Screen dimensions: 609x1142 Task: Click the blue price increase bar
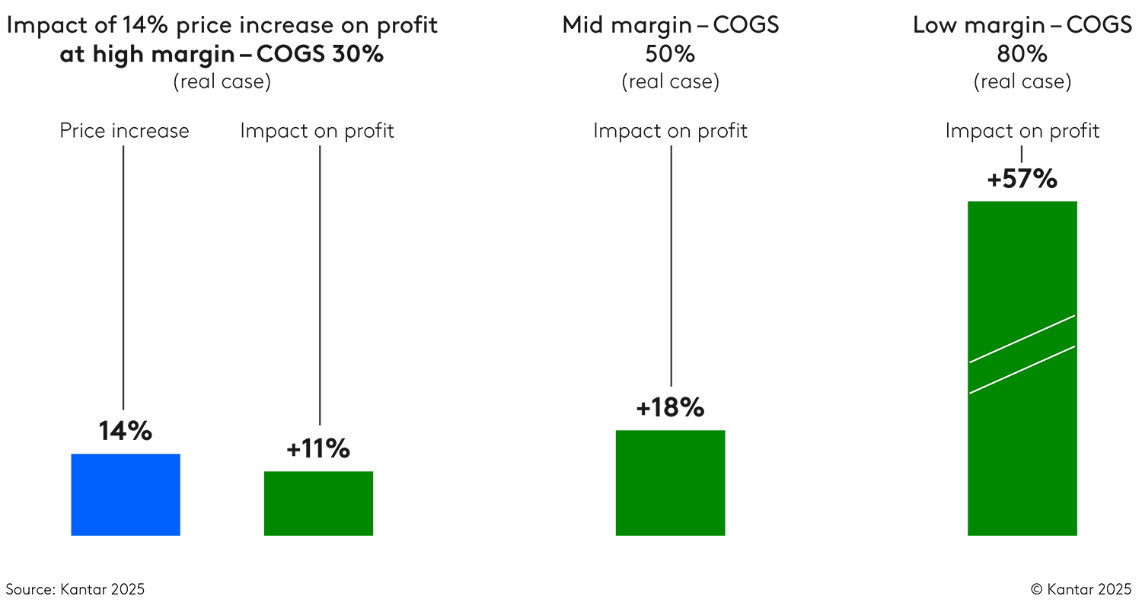pos(126,495)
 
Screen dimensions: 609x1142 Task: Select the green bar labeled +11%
pos(318,503)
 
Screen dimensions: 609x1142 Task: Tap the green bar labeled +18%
pos(670,483)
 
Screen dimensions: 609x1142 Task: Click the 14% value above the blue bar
pos(126,432)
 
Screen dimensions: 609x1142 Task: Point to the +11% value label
pos(318,449)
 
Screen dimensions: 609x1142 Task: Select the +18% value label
pos(670,408)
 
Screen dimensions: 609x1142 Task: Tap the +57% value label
pos(1022,180)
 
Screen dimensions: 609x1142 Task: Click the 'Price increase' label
pos(125,131)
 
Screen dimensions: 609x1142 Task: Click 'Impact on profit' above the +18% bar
pos(670,131)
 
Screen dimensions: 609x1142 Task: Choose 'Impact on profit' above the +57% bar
pos(1022,131)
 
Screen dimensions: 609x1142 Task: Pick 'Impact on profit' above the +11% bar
pos(317,131)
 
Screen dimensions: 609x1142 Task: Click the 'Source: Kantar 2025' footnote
pos(75,589)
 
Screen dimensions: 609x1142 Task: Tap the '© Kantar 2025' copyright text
pos(1081,589)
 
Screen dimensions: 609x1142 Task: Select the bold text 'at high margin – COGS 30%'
pos(222,55)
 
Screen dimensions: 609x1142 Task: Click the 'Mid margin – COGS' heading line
pos(670,25)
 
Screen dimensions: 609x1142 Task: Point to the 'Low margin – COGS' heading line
pos(1022,25)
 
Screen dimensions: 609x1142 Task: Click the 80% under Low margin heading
pos(1022,55)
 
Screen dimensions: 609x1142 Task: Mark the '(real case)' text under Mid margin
pos(670,82)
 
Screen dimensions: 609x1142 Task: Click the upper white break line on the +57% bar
pos(1022,339)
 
